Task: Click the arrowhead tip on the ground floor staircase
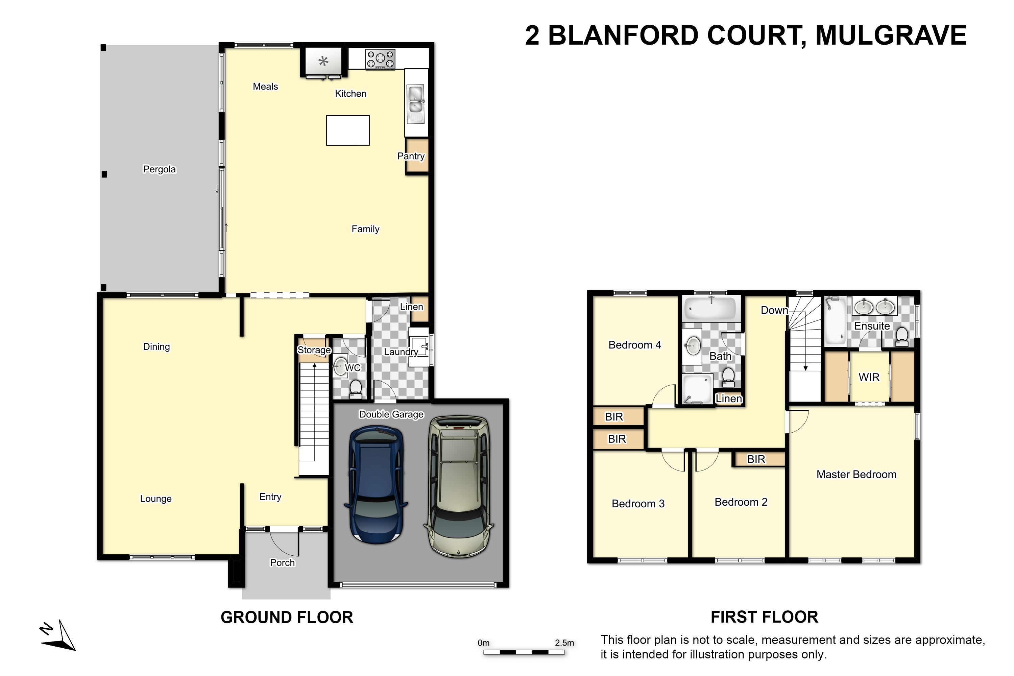click(x=315, y=363)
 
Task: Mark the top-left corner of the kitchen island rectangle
click(x=327, y=116)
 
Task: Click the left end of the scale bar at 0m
click(x=484, y=652)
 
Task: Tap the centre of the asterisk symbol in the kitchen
click(x=323, y=61)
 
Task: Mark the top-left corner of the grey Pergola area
click(x=100, y=45)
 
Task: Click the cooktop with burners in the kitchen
click(x=380, y=59)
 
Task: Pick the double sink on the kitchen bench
click(x=416, y=104)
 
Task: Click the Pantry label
click(x=411, y=156)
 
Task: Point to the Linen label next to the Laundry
click(x=411, y=307)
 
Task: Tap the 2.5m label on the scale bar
click(x=564, y=643)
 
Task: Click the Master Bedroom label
click(x=856, y=474)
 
